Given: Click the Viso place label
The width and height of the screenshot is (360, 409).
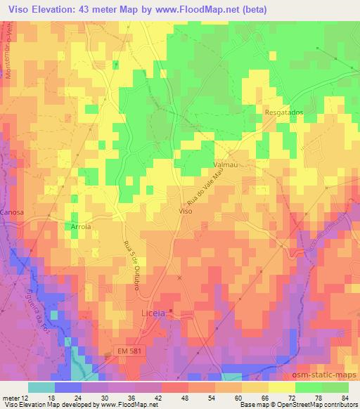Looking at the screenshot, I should (186, 211).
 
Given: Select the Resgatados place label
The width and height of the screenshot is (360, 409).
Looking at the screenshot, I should (283, 112).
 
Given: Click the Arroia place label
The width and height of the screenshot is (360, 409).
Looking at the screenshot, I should (82, 227).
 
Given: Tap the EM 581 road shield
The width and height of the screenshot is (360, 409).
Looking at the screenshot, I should (129, 350).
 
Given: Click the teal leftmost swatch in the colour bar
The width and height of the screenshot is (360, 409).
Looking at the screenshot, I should (41, 387).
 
